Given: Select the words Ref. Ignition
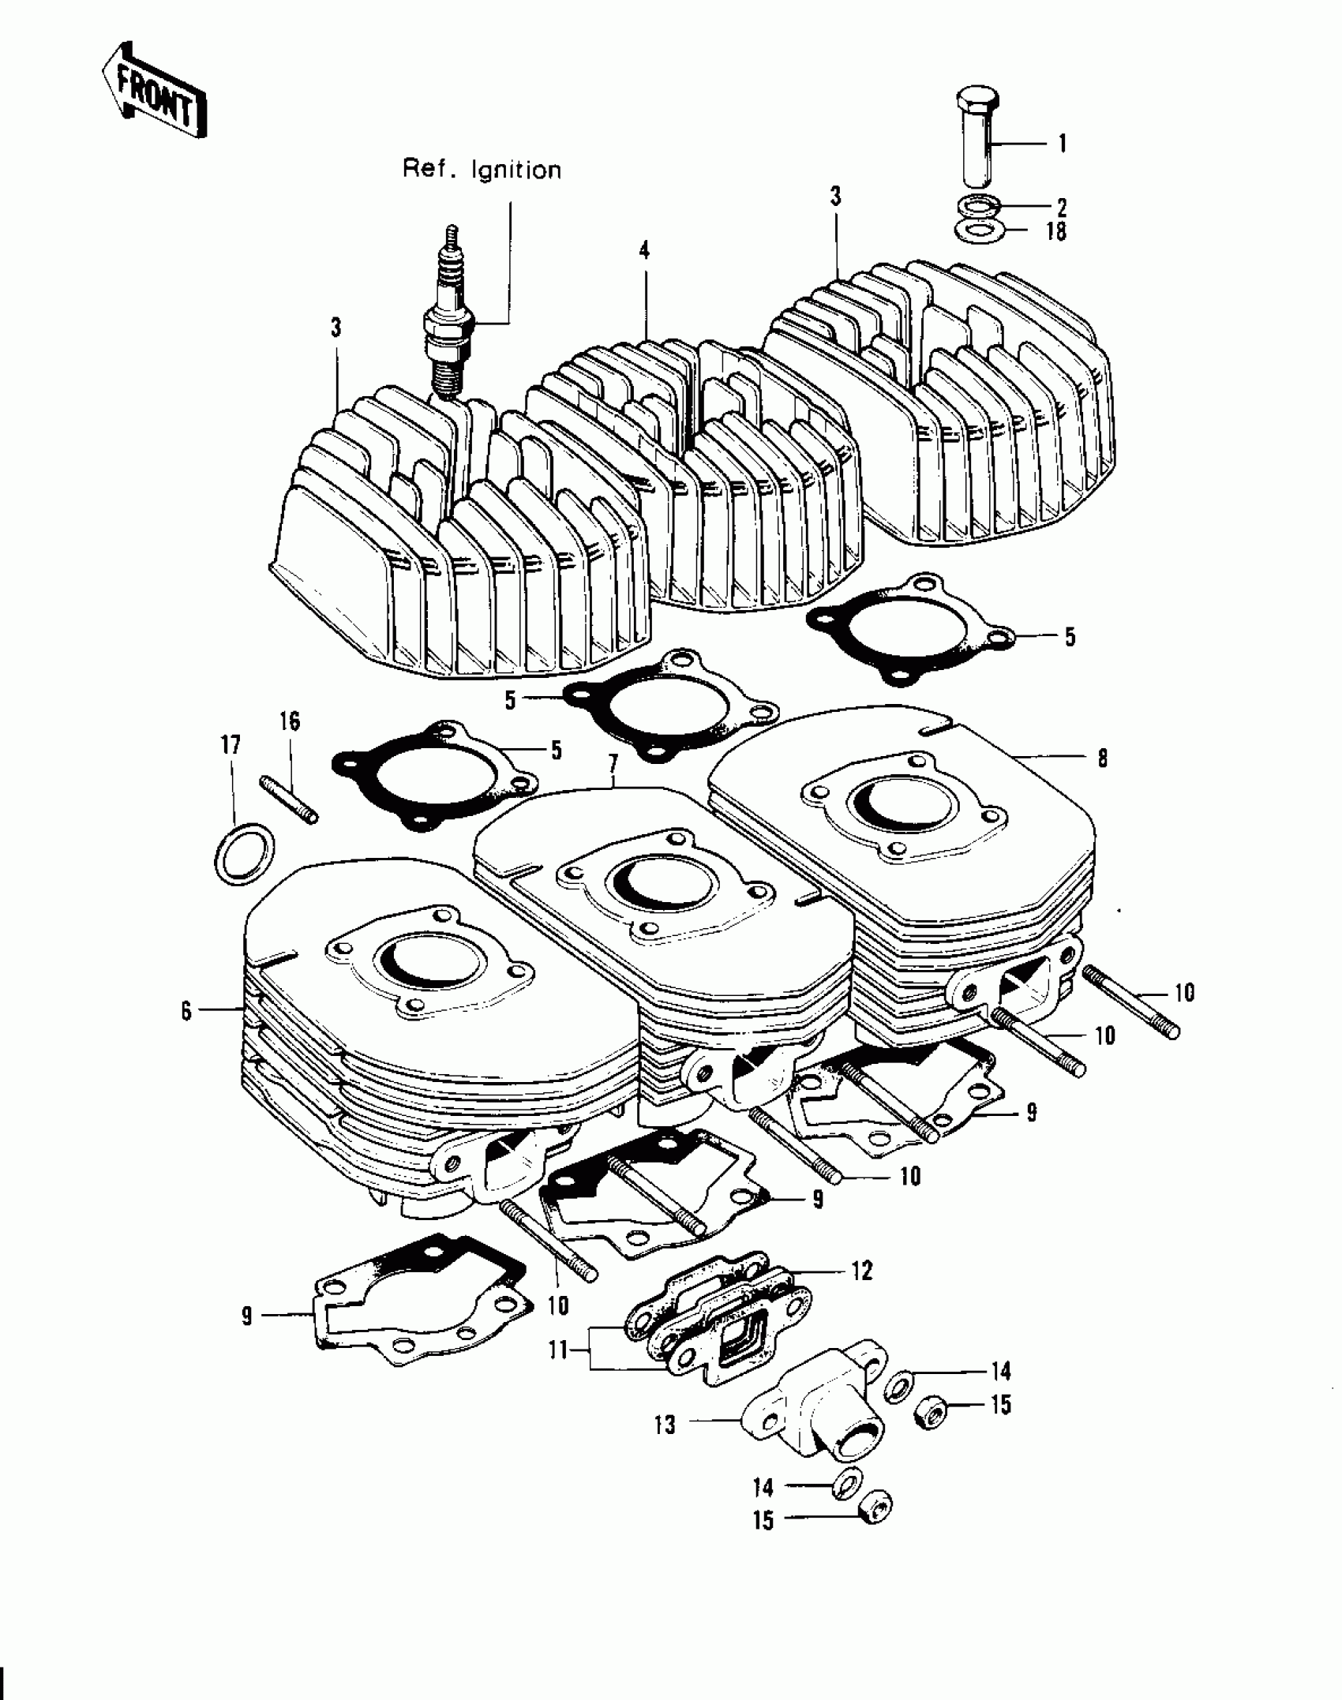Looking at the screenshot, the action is (482, 170).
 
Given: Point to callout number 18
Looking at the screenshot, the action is (1055, 233).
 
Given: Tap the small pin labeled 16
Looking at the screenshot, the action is (288, 799).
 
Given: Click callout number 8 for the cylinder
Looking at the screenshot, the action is (1102, 759).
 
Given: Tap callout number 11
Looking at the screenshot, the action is (558, 1351).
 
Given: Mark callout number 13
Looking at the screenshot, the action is (665, 1426).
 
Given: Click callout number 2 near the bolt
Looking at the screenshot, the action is (1062, 208).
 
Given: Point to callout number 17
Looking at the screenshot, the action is (231, 745).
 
